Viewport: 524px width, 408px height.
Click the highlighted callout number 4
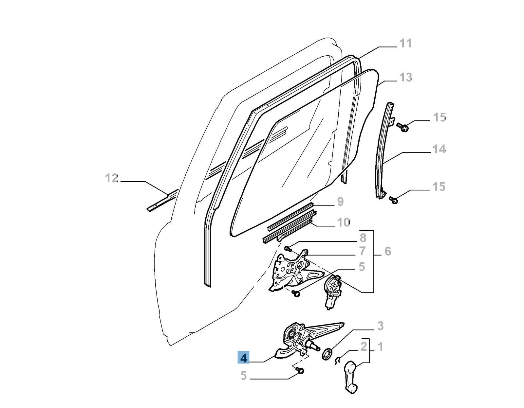(243, 358)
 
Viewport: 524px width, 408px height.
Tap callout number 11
(405, 44)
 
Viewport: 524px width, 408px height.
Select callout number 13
(405, 78)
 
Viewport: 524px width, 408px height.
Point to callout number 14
(439, 150)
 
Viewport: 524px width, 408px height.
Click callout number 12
(111, 178)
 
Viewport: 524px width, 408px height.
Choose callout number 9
(340, 202)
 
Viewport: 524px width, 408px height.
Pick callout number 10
(343, 223)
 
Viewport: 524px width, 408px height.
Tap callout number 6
(388, 251)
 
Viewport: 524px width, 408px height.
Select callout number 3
(380, 326)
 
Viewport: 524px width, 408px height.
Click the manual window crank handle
(350, 377)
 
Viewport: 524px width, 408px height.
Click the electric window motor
(331, 292)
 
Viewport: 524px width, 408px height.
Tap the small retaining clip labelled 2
(338, 361)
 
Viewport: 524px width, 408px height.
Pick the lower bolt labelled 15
(393, 200)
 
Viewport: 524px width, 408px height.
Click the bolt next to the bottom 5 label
(300, 370)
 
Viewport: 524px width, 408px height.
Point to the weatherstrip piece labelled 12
(163, 201)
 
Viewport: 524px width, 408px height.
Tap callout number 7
(362, 251)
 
